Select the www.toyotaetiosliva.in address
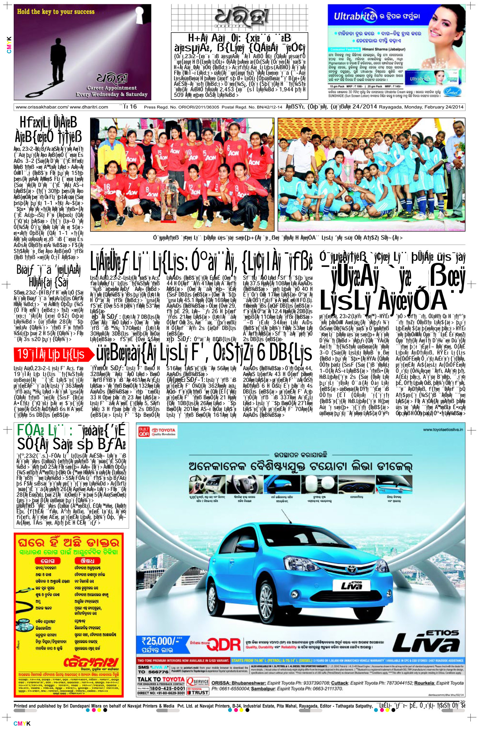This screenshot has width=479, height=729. click(x=443, y=430)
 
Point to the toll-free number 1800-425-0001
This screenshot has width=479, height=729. click(x=167, y=688)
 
